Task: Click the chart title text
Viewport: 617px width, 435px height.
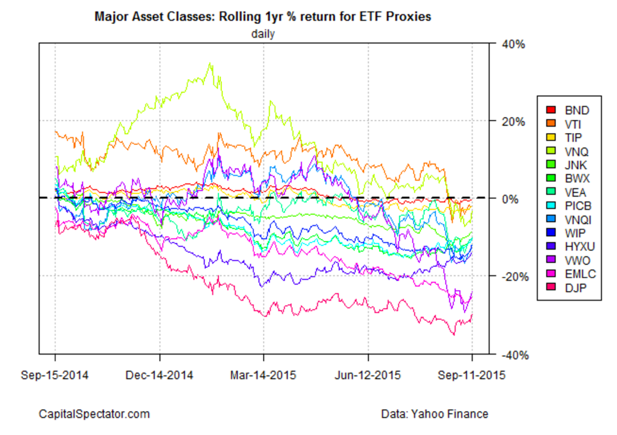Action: click(262, 17)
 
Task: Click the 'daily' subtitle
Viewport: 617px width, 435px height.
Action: click(262, 34)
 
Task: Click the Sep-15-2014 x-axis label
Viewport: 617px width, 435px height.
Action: click(55, 375)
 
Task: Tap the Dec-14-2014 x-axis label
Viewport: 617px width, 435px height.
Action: click(160, 375)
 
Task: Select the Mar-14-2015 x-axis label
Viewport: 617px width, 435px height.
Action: click(264, 375)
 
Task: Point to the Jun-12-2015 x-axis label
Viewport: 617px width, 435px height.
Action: click(368, 375)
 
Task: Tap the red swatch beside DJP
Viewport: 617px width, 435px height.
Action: click(550, 288)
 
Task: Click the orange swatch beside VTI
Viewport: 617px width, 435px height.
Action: click(550, 124)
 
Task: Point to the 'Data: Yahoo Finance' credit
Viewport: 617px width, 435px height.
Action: click(434, 414)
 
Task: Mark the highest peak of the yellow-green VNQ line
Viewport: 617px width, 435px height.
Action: click(210, 63)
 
